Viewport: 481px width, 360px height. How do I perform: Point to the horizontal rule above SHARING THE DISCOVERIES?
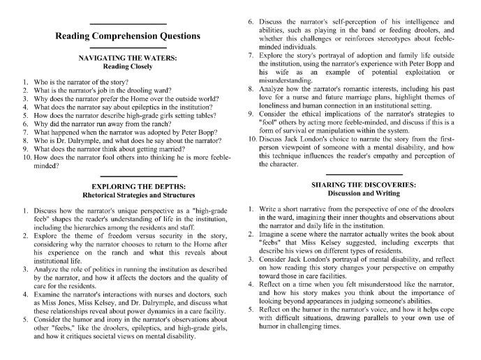[364, 174]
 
